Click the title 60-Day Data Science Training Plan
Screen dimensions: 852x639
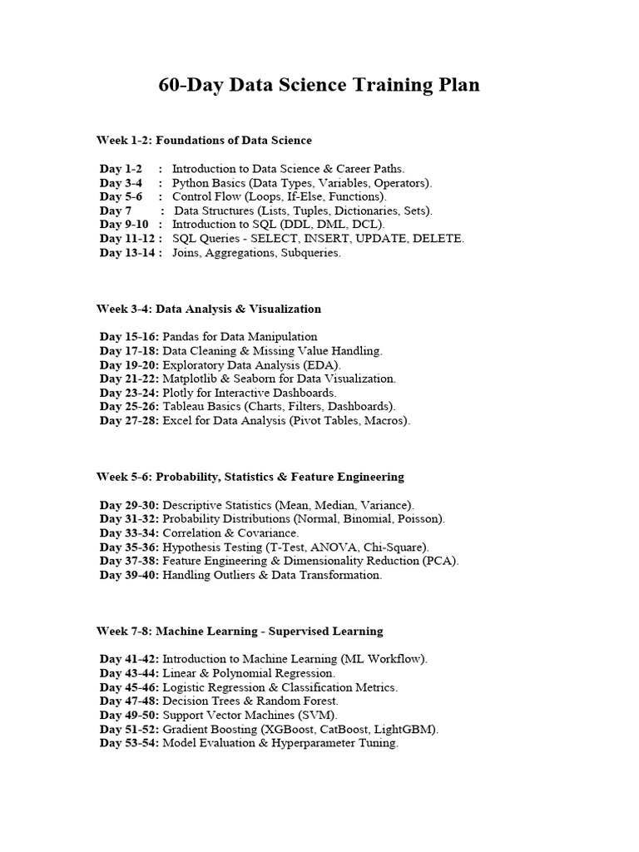[319, 85]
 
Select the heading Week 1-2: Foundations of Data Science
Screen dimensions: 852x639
[204, 140]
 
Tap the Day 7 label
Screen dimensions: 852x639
[116, 211]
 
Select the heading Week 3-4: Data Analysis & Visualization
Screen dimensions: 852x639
[208, 309]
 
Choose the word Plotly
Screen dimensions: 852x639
[180, 393]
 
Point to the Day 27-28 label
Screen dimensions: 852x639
[129, 421]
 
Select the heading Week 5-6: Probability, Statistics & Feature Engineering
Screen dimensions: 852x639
[250, 477]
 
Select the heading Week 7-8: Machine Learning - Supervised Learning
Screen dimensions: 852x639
[240, 632]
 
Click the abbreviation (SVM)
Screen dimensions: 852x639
[319, 716]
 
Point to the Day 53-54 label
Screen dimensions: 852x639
[129, 744]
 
